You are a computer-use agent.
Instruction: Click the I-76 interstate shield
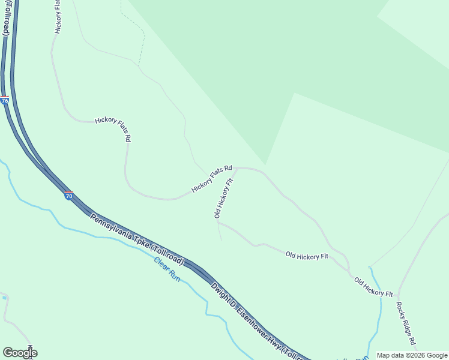(x=5, y=101)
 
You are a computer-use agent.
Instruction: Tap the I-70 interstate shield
(x=69, y=196)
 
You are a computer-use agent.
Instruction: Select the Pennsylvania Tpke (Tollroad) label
(x=137, y=239)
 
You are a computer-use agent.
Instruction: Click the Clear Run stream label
(x=167, y=269)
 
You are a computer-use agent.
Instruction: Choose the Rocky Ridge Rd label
(x=405, y=323)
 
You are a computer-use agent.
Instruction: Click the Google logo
(x=19, y=353)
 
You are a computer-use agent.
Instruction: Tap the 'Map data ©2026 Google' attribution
(x=412, y=355)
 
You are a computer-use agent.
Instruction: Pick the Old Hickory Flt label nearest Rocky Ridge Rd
(x=373, y=287)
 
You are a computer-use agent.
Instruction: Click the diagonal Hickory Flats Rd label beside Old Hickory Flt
(x=211, y=179)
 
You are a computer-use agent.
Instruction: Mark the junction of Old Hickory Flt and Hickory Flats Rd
(x=236, y=169)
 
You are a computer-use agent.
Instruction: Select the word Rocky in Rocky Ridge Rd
(x=400, y=310)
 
